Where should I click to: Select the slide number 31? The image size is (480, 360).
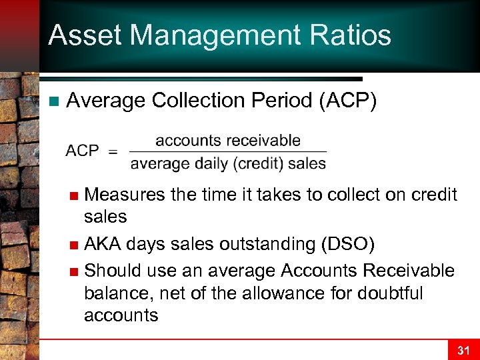463,350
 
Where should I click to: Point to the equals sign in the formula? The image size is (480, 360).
113,151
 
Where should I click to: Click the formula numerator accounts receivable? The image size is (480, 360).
227,141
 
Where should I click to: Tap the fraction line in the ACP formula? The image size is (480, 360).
228,152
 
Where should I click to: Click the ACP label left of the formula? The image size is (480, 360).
82,151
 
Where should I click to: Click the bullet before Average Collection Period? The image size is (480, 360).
54,101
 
